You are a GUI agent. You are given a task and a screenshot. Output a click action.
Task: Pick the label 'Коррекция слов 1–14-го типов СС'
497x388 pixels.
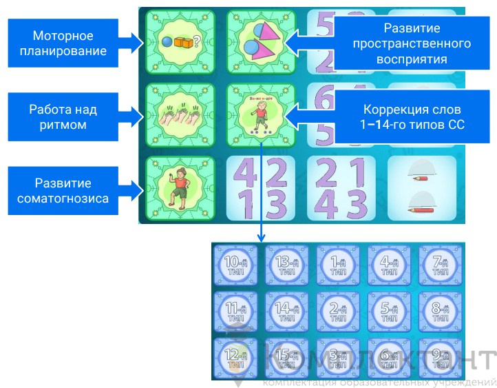click(x=410, y=117)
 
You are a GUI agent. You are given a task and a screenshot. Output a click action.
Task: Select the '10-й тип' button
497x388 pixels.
click(x=235, y=266)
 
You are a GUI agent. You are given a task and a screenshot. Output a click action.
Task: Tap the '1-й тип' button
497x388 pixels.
click(x=338, y=266)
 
